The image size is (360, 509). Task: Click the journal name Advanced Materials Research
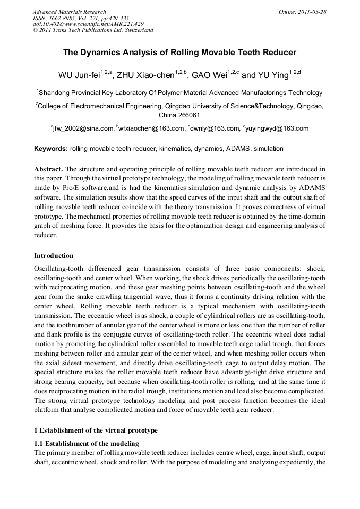tap(69, 12)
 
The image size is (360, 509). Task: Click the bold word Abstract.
tap(49, 168)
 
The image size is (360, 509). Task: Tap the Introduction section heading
tap(54, 256)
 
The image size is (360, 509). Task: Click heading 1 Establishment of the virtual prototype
tap(96, 430)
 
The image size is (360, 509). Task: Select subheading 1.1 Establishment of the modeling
tap(87, 443)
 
